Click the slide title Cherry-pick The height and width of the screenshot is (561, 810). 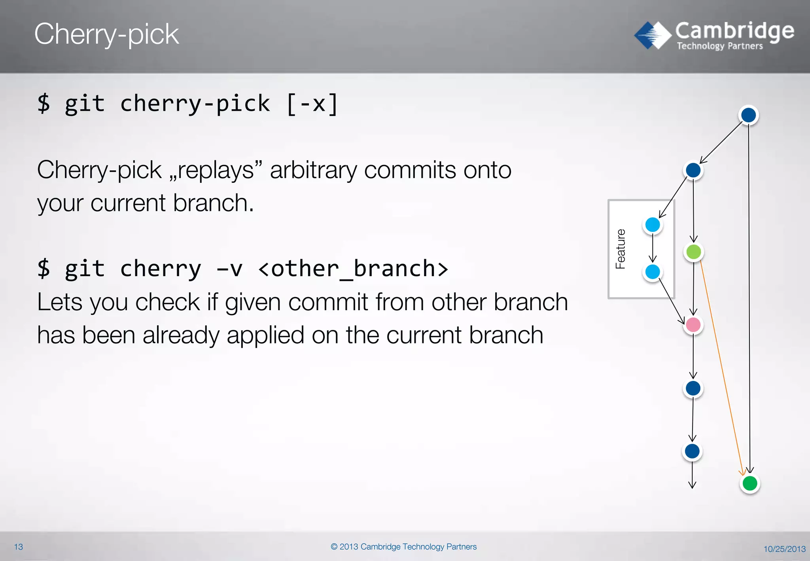(106, 34)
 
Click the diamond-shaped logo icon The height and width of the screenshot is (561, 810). (653, 35)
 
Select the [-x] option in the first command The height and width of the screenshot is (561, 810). (312, 104)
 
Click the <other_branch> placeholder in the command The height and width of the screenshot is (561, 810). (353, 269)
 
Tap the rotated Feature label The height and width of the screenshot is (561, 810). (621, 249)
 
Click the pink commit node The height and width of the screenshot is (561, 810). (693, 325)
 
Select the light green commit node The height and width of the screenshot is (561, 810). (694, 252)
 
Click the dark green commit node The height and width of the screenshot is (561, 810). (749, 483)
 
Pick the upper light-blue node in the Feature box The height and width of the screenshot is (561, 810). (653, 225)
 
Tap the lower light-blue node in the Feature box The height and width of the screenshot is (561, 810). (653, 272)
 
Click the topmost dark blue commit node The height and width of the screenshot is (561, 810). (748, 115)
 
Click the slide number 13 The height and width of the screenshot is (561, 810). (19, 547)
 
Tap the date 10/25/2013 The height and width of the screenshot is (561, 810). (784, 549)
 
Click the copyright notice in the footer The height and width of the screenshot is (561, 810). (403, 547)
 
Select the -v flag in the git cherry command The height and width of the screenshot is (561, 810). (229, 269)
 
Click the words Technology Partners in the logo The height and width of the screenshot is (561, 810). (719, 46)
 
